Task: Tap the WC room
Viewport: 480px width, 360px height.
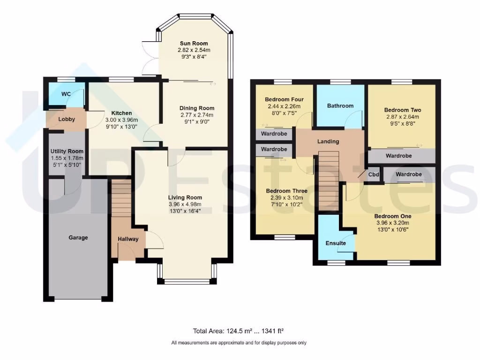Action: point(66,94)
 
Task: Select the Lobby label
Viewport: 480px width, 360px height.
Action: point(67,119)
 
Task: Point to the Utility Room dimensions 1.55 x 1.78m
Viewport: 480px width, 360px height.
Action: point(67,158)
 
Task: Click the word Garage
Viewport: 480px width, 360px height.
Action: point(78,238)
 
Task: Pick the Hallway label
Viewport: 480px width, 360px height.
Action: point(128,239)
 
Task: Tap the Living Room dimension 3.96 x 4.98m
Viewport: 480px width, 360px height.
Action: point(185,204)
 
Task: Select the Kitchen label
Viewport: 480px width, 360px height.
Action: point(121,113)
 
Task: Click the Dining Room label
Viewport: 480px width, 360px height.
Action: point(197,108)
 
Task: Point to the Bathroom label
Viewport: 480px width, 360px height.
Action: point(340,105)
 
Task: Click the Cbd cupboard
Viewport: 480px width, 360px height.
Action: point(374,174)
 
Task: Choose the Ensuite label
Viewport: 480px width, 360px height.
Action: point(336,243)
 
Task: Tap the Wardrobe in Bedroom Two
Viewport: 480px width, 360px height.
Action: point(398,156)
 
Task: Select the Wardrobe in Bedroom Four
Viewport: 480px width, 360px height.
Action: point(274,135)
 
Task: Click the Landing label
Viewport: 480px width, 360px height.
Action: point(328,141)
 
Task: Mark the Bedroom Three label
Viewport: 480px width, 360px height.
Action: point(286,191)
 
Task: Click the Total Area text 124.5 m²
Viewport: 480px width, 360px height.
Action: point(240,330)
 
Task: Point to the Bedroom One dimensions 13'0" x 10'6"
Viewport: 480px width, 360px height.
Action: point(393,230)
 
